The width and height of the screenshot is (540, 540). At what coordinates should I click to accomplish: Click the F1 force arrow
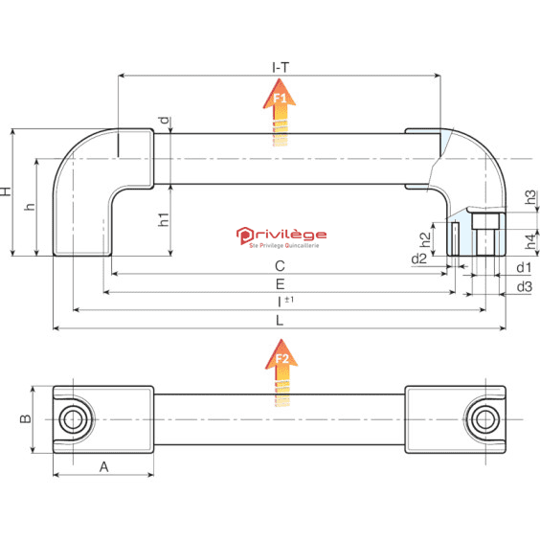[x=280, y=112]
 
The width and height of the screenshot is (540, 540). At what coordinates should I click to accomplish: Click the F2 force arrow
[x=281, y=372]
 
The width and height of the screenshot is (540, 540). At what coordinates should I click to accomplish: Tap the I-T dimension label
[x=281, y=67]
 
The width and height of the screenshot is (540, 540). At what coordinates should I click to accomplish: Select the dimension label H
[x=6, y=191]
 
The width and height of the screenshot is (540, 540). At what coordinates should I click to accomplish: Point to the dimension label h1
[x=164, y=219]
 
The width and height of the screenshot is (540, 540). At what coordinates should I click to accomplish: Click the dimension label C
[x=280, y=266]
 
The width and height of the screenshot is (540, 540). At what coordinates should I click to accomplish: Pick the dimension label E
[x=280, y=284]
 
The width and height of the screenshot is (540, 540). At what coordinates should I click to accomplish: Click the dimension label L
[x=280, y=321]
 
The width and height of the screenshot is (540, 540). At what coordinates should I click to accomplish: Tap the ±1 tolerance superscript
[x=289, y=300]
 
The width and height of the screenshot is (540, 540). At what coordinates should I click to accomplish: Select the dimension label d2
[x=419, y=259]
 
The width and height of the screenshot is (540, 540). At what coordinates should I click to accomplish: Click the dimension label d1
[x=524, y=267]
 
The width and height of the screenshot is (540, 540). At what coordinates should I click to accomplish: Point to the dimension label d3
[x=525, y=286]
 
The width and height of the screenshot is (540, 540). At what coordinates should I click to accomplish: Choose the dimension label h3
[x=530, y=196]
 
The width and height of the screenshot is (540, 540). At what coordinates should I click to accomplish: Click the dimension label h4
[x=530, y=241]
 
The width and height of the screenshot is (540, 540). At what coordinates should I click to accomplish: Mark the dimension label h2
[x=425, y=239]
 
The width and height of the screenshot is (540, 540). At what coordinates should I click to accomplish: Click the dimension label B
[x=26, y=418]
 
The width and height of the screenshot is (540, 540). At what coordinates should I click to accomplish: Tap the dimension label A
[x=104, y=467]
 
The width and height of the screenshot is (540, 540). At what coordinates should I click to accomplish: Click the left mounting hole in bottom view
[x=73, y=419]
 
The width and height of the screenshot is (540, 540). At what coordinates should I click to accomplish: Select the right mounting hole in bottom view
[x=485, y=419]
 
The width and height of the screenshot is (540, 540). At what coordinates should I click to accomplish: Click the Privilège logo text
[x=281, y=235]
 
